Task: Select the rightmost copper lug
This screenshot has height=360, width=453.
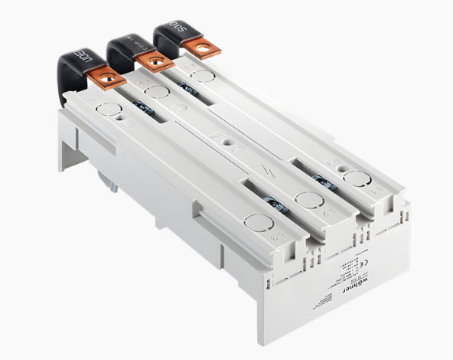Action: [203, 47]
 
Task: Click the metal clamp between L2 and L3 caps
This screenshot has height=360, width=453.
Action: [321, 180]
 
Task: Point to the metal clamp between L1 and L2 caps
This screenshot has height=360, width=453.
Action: [272, 202]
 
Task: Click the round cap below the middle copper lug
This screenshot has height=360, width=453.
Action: [157, 93]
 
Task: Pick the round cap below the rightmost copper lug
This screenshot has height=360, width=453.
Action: [202, 77]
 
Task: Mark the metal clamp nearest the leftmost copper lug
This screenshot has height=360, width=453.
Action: [142, 107]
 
